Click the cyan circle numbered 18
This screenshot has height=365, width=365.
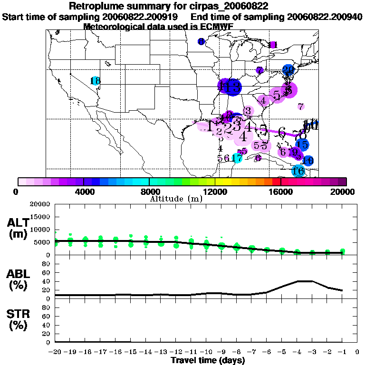click(96, 81)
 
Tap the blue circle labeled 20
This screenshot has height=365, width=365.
click(288, 70)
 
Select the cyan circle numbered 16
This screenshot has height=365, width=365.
click(298, 171)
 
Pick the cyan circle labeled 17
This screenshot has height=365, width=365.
click(238, 158)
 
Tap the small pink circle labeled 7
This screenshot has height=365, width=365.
click(301, 106)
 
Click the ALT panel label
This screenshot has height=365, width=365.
click(19, 228)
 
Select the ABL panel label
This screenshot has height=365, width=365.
click(19, 280)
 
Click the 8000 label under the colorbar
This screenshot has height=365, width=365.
click(149, 192)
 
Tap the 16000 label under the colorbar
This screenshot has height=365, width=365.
click(281, 192)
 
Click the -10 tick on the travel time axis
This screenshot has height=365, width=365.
click(206, 352)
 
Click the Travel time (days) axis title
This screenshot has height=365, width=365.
click(208, 360)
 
